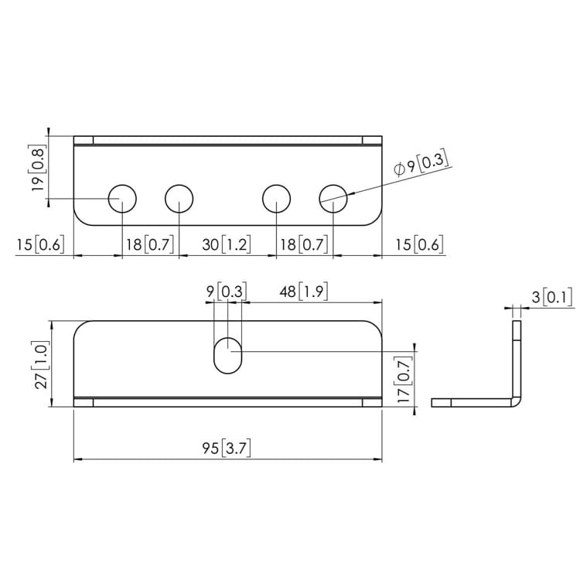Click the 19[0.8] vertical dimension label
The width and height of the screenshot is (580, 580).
pos(38,168)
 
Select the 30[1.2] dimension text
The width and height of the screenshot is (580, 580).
pos(227,244)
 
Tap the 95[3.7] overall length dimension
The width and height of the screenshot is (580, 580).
pos(227,449)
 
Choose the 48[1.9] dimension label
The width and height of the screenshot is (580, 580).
pos(304,292)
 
